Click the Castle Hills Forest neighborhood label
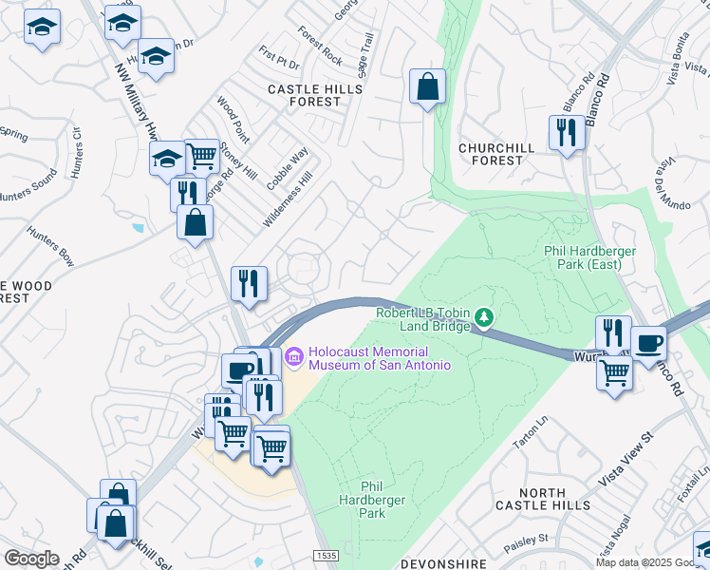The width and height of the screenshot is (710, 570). (x=304, y=95)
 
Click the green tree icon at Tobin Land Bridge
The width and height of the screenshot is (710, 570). (x=485, y=316)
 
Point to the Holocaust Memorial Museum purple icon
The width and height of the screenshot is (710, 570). (x=293, y=356)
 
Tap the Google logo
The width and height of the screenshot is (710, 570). (x=31, y=558)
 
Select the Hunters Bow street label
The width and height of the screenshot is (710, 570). (x=50, y=246)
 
